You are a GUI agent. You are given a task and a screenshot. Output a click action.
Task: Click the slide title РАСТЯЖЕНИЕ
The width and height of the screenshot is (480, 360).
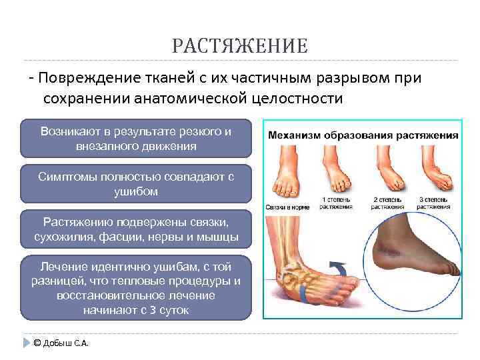pos(239,46)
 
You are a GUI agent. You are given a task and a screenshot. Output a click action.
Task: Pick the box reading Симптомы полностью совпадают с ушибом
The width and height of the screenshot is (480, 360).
pos(136,184)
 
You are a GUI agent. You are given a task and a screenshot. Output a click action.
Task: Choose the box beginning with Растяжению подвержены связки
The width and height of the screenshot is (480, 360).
pos(136,229)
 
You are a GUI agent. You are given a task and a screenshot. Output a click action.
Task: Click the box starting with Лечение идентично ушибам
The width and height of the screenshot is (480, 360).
pos(136,287)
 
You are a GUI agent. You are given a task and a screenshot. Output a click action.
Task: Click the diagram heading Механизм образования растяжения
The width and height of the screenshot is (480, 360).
pos(363,135)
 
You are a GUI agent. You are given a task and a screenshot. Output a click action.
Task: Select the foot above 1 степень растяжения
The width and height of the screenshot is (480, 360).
pos(333,170)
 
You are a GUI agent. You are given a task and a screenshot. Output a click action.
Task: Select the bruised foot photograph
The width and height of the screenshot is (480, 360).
pos(413,257)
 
